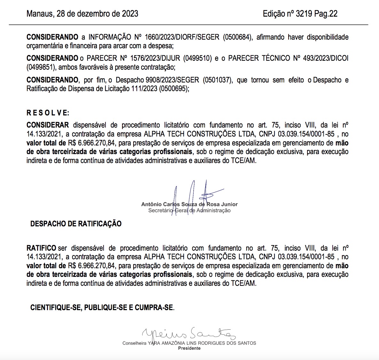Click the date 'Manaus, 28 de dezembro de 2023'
tap(82, 14)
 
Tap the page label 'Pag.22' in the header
tap(326, 14)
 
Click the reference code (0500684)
tap(236, 37)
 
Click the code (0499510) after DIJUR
tap(197, 58)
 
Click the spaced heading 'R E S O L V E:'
tap(48, 113)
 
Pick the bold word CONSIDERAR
tap(48, 125)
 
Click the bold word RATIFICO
tap(41, 248)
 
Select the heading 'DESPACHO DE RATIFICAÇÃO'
tap(76, 224)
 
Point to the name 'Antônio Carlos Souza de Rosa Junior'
tap(189, 204)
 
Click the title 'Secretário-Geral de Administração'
tap(189, 210)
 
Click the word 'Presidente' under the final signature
tap(189, 348)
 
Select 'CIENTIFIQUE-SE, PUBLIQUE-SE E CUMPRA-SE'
tap(102, 308)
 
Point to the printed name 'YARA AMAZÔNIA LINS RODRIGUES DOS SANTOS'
tap(202, 343)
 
